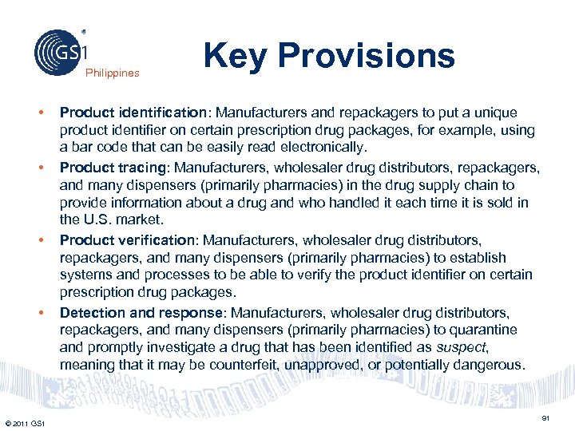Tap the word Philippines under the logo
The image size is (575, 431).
click(x=113, y=73)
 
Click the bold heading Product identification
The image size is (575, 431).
click(x=121, y=113)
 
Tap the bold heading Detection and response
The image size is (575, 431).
click(x=128, y=313)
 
